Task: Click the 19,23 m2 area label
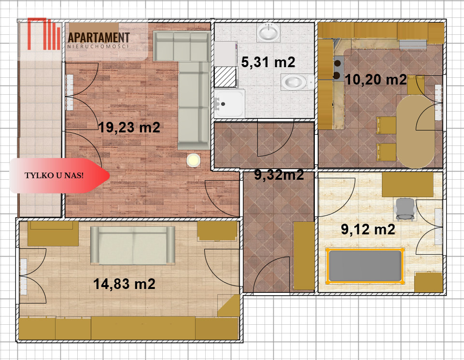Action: pos(129,128)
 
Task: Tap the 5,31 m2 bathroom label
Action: pos(268,62)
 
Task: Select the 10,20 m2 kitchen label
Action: pos(376,79)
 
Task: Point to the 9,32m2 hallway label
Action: pos(279,175)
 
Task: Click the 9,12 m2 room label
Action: pos(368,230)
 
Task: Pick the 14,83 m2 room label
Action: pos(124,284)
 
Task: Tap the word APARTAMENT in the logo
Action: pos(99,38)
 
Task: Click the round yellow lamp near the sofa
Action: pos(194,160)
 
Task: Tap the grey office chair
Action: pos(405,209)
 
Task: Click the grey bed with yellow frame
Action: pos(365,266)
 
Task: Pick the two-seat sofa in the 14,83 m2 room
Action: pos(133,245)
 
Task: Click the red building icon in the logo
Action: pos(44,34)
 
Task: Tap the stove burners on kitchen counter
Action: pos(337,69)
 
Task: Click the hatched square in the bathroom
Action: pos(225,77)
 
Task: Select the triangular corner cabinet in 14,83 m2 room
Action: pos(229,305)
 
